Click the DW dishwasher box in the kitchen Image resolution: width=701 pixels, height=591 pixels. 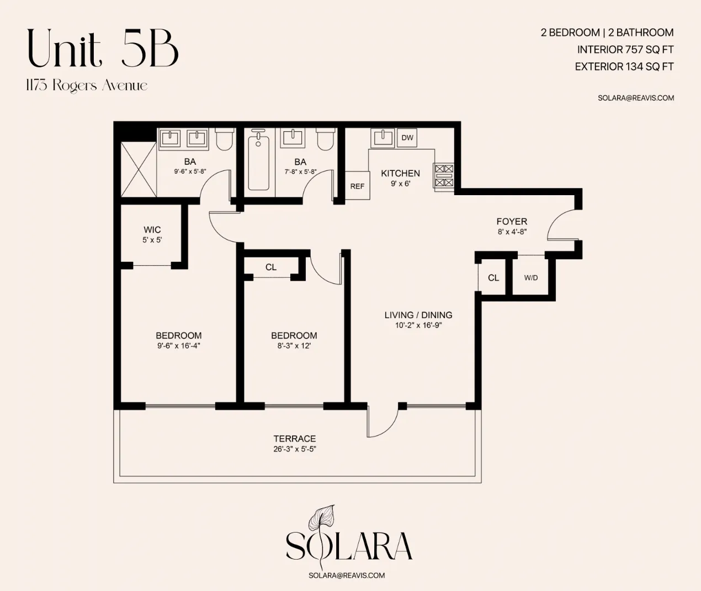point(407,138)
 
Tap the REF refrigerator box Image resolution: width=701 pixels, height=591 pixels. point(357,186)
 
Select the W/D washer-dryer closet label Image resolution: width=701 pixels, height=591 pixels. point(530,278)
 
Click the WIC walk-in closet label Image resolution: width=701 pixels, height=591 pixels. point(152,230)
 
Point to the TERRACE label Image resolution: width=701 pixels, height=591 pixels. point(295,439)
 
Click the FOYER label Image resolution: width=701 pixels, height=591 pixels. point(512,222)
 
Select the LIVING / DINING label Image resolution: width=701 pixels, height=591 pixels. point(418,315)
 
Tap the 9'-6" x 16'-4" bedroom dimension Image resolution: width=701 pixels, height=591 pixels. point(178,346)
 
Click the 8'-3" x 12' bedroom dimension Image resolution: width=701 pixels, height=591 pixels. point(294,346)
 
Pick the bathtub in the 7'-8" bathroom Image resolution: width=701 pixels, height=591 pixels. point(258,160)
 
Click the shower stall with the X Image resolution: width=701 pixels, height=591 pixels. point(139,169)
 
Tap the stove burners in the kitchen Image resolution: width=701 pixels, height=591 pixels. point(444,176)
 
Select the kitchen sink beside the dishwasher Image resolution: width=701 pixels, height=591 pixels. point(382,138)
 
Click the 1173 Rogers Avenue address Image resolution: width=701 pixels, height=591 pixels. point(87,85)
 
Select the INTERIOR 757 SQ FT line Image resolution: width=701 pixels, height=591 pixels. point(625,50)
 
